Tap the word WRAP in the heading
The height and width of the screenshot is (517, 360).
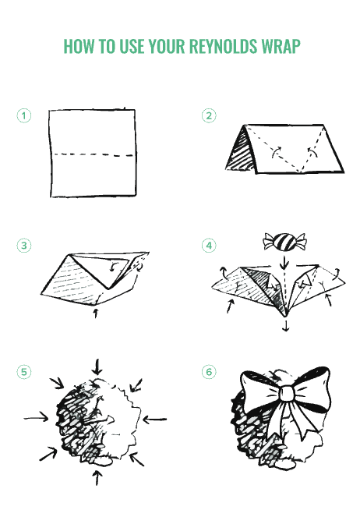click(x=281, y=46)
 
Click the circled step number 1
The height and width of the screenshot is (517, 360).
click(x=23, y=115)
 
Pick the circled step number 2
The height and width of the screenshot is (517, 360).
click(x=209, y=115)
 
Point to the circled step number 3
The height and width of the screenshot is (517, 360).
click(x=23, y=246)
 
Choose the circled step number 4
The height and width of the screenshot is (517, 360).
click(x=209, y=246)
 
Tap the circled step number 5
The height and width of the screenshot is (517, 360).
click(x=23, y=372)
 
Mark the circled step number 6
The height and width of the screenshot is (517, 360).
click(x=209, y=372)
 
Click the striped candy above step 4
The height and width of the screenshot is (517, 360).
click(x=285, y=242)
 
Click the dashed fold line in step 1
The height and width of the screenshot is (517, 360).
click(x=94, y=154)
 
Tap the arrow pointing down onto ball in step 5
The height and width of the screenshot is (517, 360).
click(x=97, y=367)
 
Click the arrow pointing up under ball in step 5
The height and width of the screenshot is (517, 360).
click(x=97, y=477)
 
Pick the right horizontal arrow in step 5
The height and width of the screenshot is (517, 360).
click(x=155, y=420)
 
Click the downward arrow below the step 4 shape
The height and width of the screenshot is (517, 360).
click(x=286, y=325)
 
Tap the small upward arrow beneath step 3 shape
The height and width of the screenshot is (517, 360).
click(x=96, y=313)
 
